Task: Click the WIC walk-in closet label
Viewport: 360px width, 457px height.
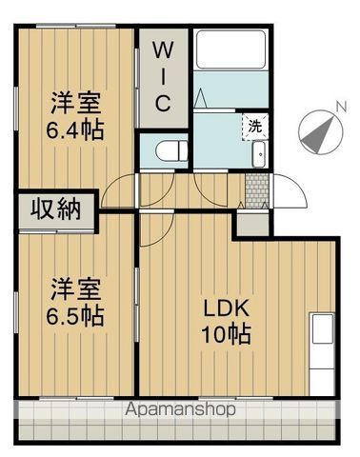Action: click(164, 77)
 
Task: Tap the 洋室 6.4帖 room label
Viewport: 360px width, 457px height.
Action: click(75, 116)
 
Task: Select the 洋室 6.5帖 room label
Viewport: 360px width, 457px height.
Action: click(75, 302)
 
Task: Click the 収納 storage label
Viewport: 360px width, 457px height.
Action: click(56, 209)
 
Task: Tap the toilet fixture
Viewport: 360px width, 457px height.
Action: click(171, 150)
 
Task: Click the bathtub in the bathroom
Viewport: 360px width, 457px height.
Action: click(230, 50)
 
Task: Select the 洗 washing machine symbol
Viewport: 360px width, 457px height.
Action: click(255, 127)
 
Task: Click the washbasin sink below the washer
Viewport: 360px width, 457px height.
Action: click(259, 154)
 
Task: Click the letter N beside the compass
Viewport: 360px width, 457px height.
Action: click(341, 107)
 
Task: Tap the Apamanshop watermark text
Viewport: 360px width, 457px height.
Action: click(180, 409)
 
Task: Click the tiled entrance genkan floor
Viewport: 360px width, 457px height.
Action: click(257, 191)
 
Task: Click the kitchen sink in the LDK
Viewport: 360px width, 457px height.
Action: click(323, 328)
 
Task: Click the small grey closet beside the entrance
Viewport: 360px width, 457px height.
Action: click(252, 225)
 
